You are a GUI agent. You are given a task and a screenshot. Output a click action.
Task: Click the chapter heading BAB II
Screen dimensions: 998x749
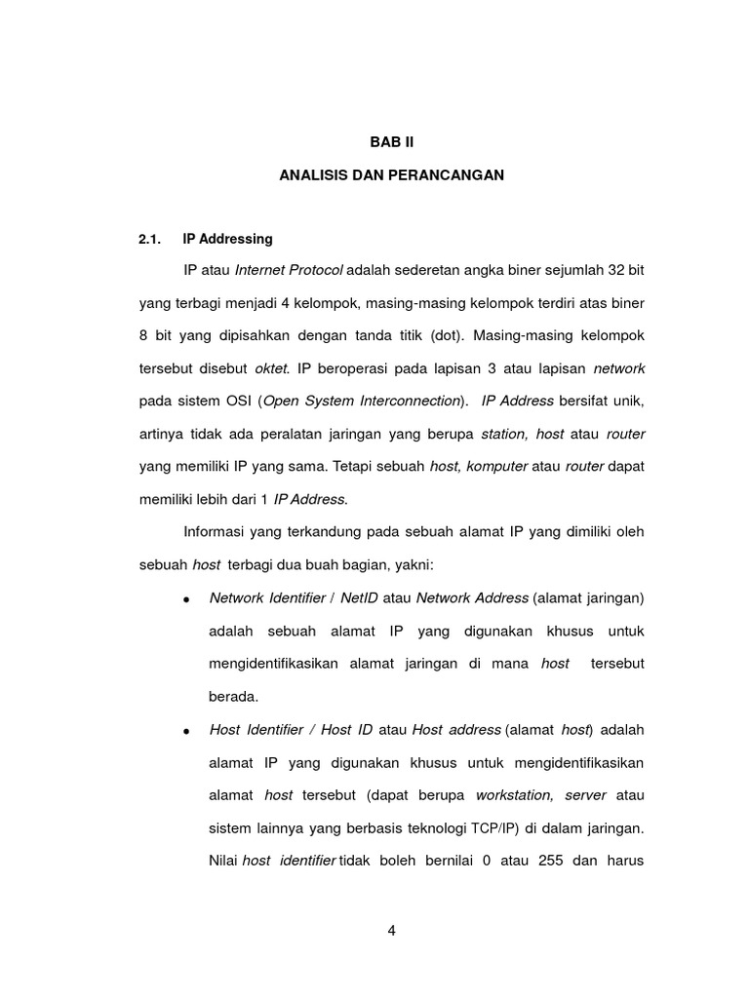tap(391, 141)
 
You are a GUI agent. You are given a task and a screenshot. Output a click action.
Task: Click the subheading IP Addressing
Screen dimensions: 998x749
tap(227, 239)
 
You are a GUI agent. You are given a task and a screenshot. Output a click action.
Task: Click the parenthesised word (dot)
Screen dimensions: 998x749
tap(446, 335)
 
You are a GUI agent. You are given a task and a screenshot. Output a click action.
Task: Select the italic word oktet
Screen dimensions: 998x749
tap(272, 368)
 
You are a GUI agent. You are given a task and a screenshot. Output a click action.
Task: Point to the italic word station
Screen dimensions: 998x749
tap(504, 434)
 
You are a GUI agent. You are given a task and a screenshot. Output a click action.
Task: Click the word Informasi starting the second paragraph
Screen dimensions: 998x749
tap(214, 532)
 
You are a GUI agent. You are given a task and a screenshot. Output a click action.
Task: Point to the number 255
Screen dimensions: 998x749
tap(553, 861)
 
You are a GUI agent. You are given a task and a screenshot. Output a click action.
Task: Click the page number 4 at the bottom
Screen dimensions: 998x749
tap(391, 930)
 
